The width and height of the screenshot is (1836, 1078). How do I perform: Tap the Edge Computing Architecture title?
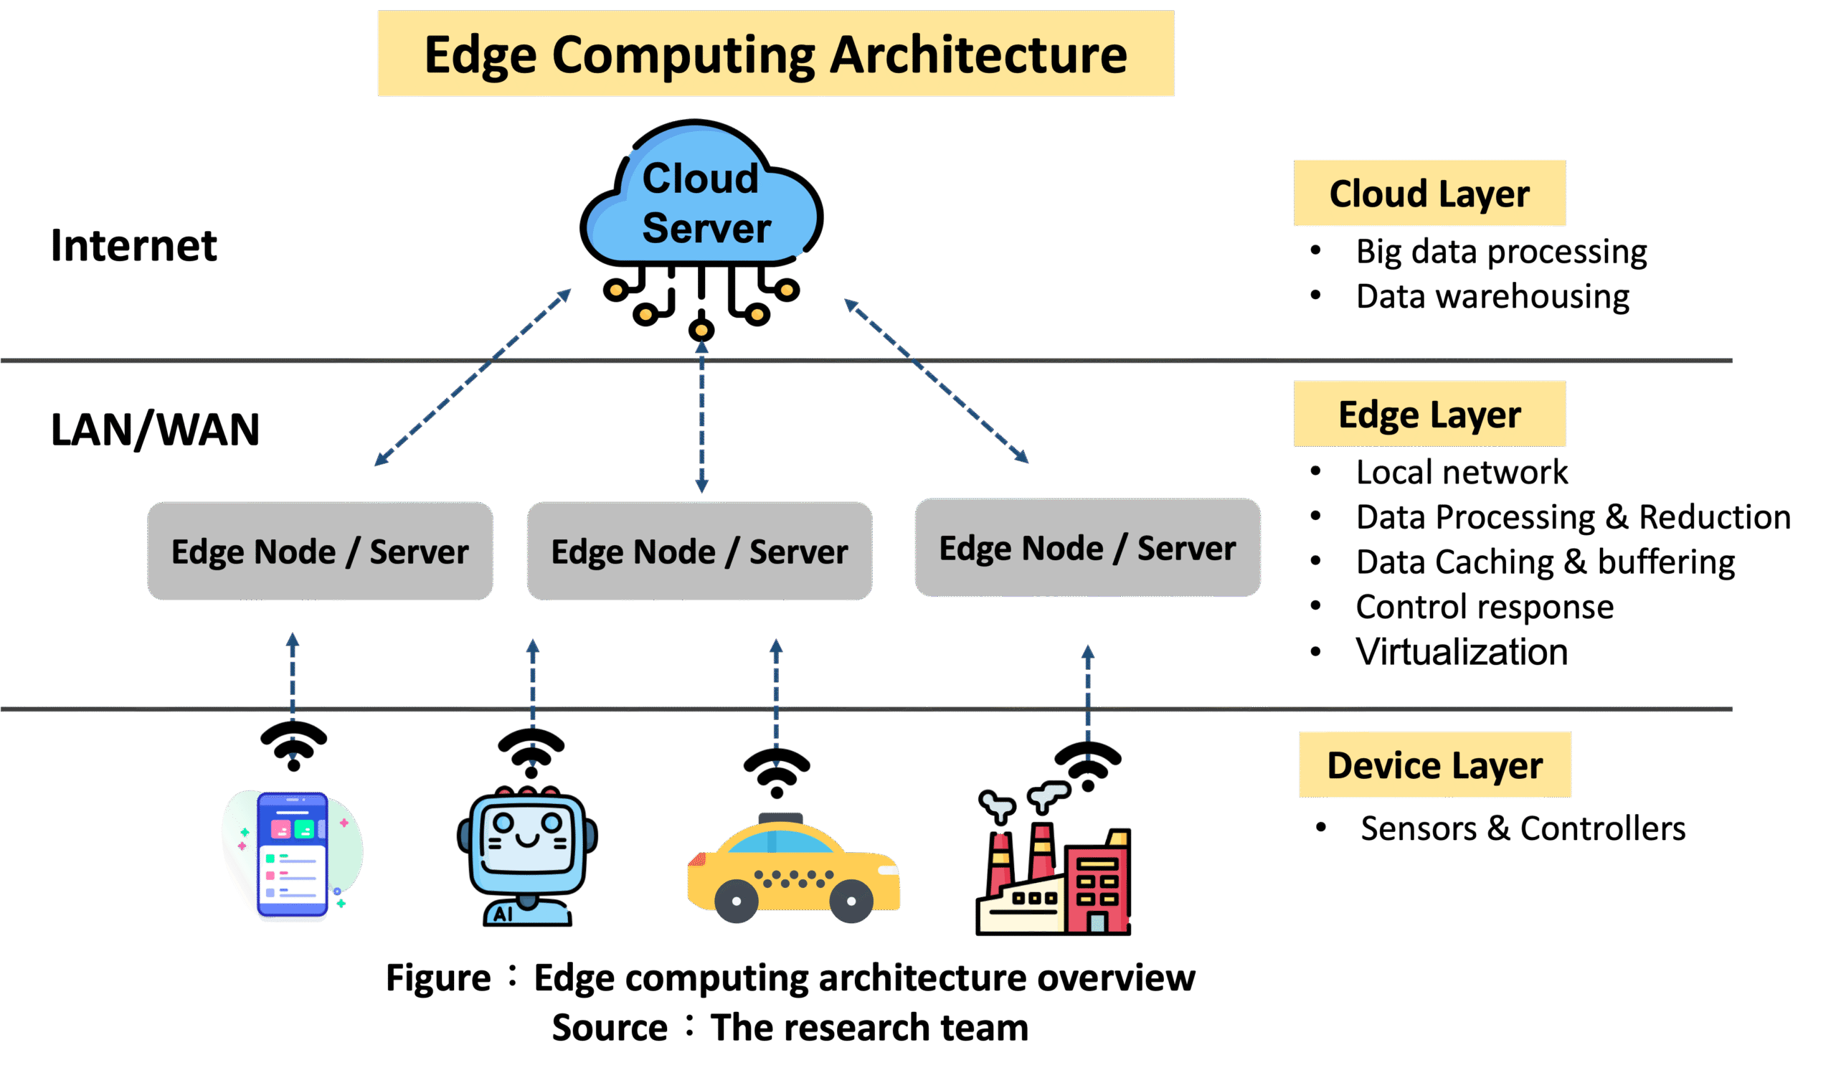(775, 54)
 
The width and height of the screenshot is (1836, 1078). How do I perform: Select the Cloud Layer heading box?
(1429, 193)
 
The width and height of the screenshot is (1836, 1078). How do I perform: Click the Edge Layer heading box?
(1429, 414)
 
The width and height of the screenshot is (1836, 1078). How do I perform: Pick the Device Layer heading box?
(1434, 765)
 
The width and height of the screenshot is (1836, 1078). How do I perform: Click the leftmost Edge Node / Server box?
(320, 552)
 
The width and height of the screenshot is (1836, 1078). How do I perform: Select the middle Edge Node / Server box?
(699, 552)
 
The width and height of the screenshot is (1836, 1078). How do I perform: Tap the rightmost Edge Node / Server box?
(1087, 548)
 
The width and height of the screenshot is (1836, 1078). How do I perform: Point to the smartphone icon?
(292, 856)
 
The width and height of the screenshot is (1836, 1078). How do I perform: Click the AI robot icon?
(526, 856)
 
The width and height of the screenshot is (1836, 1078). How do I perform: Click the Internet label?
(133, 246)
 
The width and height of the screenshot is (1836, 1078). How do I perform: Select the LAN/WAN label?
(154, 430)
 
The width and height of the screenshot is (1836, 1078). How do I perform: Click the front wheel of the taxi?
(737, 901)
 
